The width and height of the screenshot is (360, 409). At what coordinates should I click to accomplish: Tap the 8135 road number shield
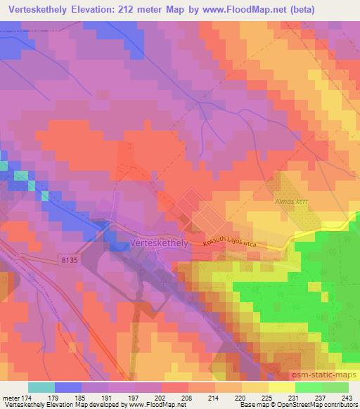click(67, 260)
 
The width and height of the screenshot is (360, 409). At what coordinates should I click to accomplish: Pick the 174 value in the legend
click(27, 397)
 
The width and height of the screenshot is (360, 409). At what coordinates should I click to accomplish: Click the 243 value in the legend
click(347, 397)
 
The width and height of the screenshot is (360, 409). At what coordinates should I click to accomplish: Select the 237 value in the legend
click(321, 397)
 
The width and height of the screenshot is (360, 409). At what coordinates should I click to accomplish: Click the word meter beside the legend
click(10, 397)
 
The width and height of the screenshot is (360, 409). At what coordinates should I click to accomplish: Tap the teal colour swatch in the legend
click(41, 387)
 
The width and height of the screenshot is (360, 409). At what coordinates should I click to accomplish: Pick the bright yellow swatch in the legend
click(282, 387)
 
